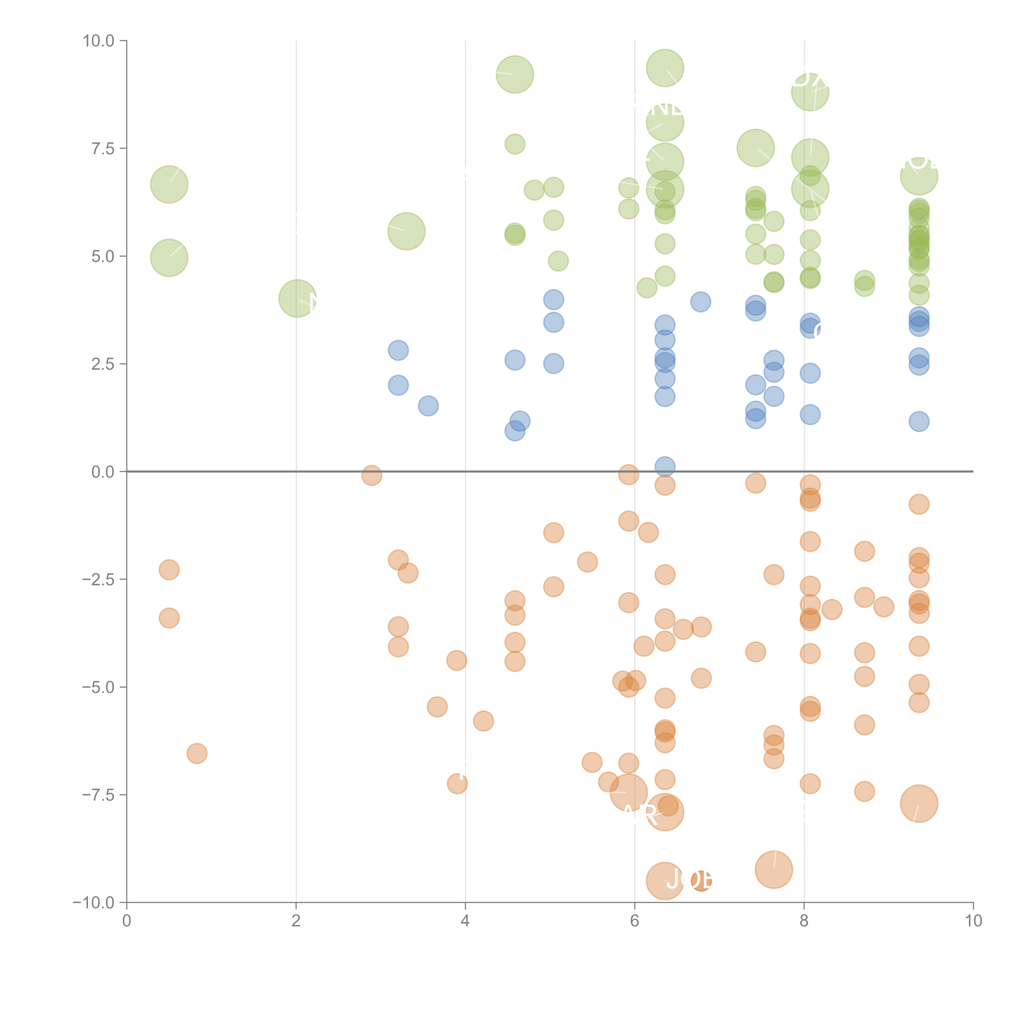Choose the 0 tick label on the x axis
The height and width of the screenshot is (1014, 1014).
127,921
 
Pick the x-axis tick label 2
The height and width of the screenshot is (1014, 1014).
296,921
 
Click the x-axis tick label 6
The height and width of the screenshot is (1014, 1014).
635,921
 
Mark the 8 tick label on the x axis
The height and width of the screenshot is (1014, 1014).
804,921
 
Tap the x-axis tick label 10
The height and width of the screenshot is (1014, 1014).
973,921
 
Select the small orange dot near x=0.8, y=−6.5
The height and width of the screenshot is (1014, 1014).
197,753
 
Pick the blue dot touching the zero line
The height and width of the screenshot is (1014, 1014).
665,466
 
